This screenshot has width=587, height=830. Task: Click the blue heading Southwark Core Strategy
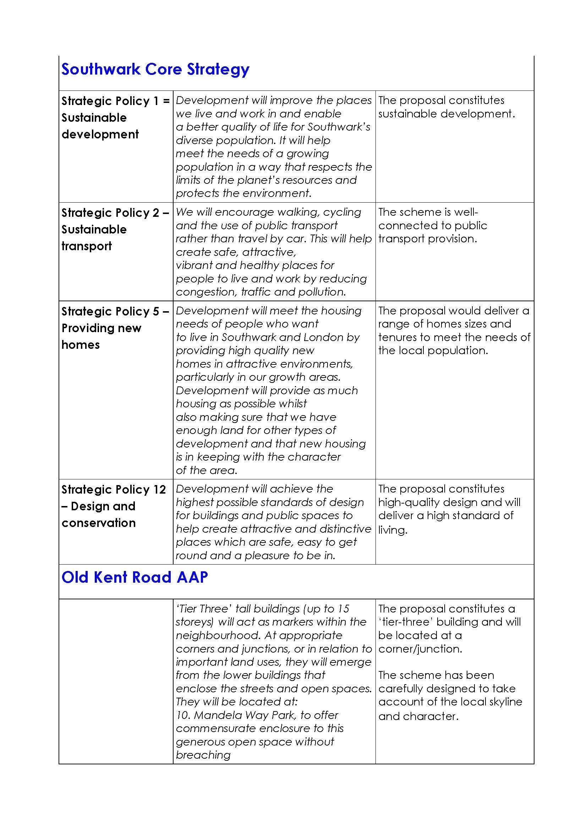(x=155, y=70)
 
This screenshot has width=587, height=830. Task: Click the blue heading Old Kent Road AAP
(x=135, y=577)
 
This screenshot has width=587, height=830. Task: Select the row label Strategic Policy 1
(x=115, y=101)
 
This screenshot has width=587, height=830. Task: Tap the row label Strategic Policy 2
(x=115, y=213)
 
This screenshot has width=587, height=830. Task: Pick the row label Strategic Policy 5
(x=115, y=311)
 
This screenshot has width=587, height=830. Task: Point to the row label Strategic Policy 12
(x=114, y=489)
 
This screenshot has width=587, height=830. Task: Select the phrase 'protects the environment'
(x=243, y=193)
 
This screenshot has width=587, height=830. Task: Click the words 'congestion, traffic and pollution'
(x=260, y=292)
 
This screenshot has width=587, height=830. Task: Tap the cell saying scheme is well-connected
(x=433, y=225)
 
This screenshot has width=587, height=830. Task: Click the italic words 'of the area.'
(x=207, y=470)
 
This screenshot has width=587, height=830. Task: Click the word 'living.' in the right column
(x=393, y=530)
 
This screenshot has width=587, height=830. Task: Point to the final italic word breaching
(x=203, y=755)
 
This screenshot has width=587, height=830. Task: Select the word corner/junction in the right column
(x=420, y=649)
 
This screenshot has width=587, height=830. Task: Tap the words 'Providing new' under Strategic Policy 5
(x=101, y=328)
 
